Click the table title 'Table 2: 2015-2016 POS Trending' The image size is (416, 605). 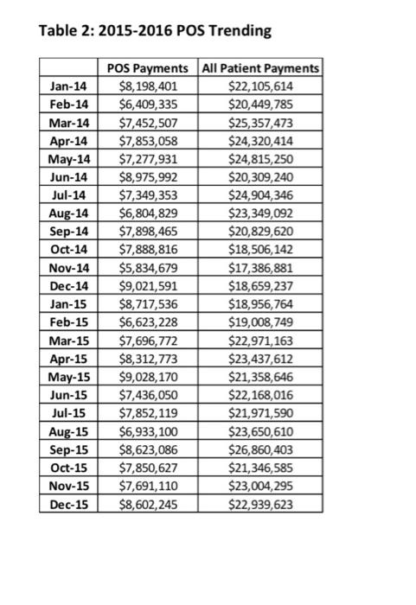tap(156, 32)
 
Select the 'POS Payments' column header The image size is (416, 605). tap(147, 67)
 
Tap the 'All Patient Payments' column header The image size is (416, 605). tap(259, 67)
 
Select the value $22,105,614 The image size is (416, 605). tap(259, 86)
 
